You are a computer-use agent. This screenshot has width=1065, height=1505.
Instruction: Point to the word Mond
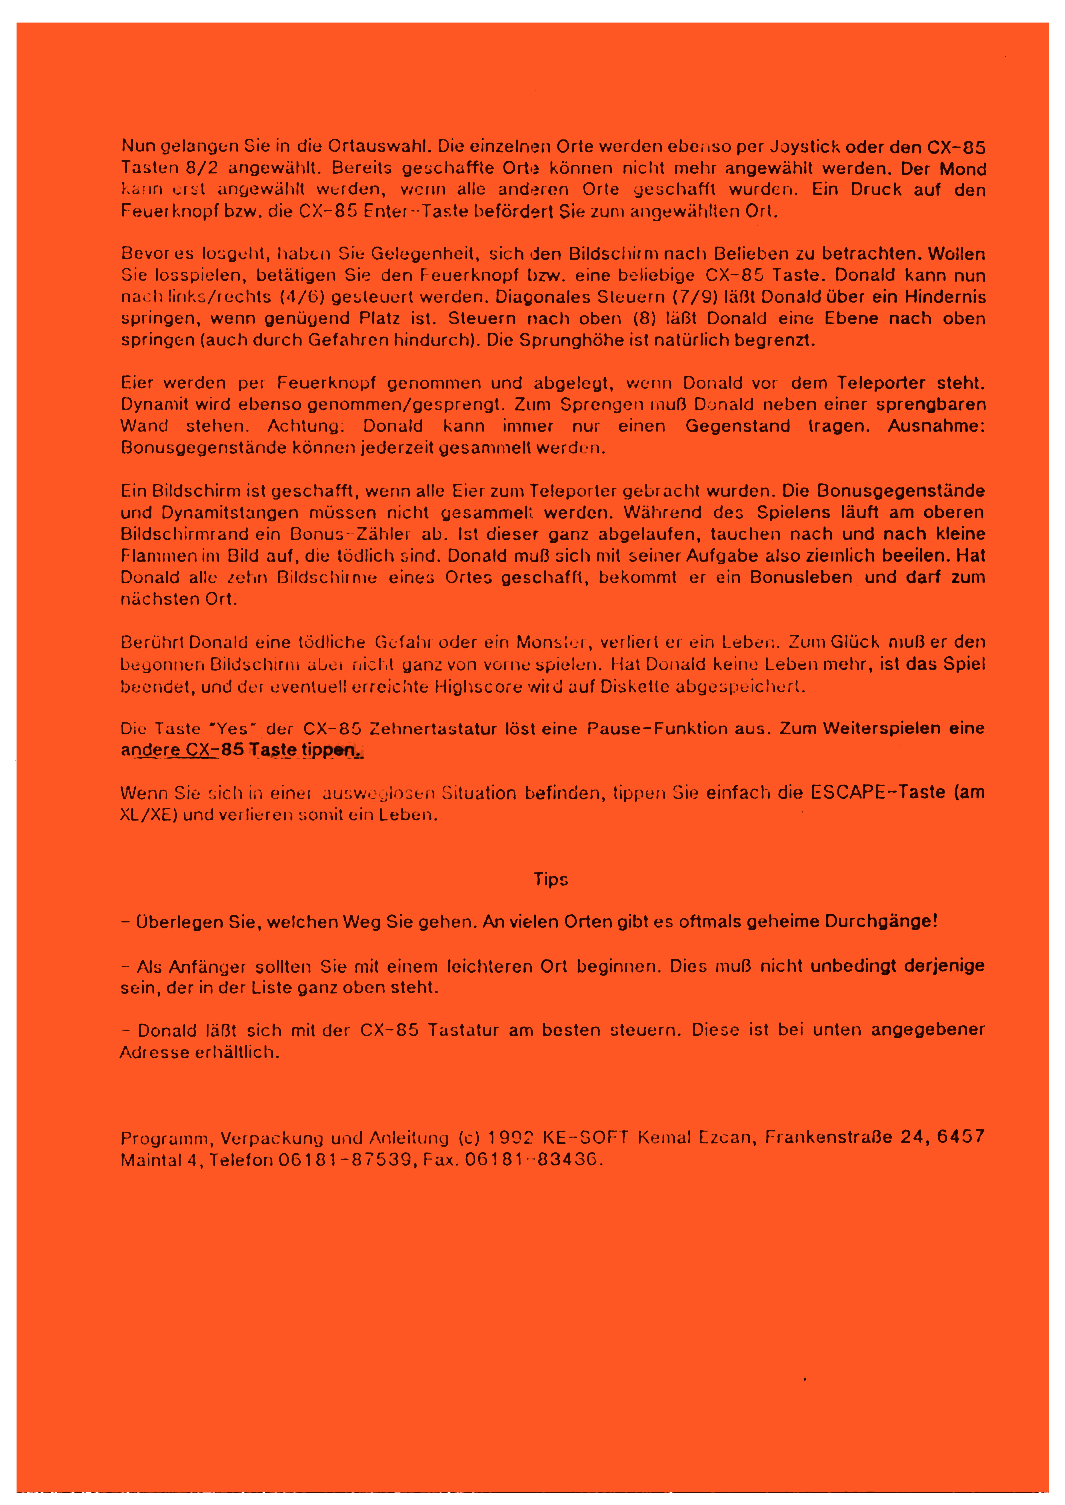pos(963,169)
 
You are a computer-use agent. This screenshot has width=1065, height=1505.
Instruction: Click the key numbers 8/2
pos(202,168)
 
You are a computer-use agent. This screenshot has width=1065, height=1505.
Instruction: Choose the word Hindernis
pos(945,297)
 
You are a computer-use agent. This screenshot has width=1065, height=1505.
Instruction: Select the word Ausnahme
pos(936,426)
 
